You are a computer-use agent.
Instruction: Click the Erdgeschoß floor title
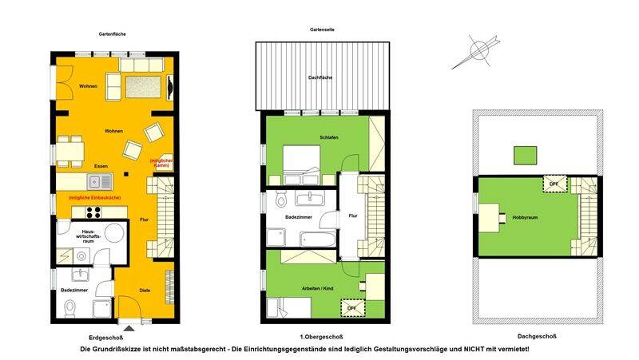click(104, 336)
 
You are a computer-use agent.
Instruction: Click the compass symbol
click(477, 50)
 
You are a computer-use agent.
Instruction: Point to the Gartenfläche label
click(113, 34)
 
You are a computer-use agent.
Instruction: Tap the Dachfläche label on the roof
click(320, 78)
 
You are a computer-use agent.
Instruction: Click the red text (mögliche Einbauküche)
click(95, 197)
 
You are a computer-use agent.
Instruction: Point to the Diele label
click(144, 290)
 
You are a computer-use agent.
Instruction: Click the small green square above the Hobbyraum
click(524, 155)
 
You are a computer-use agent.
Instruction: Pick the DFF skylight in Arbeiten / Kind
click(351, 307)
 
